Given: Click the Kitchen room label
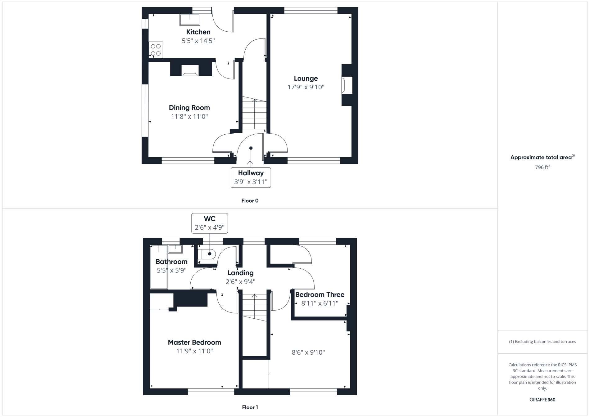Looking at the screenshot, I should [198, 32].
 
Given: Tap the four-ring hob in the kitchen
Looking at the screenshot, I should [156, 50].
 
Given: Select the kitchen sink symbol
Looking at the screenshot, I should [190, 20].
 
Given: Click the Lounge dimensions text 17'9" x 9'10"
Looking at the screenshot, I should [306, 87].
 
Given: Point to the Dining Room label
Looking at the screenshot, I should [189, 108].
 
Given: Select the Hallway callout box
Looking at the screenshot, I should [251, 177].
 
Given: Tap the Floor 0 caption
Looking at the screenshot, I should [250, 201].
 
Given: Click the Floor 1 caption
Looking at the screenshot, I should [250, 407].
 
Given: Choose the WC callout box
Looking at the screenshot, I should [210, 223].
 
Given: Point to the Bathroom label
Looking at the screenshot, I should [171, 262].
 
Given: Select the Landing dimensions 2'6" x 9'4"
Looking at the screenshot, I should [240, 282].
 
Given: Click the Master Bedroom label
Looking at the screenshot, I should [194, 342].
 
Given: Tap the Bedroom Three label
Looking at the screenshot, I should [320, 294].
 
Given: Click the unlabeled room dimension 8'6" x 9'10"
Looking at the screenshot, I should [308, 352].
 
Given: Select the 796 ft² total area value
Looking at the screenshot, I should [542, 168].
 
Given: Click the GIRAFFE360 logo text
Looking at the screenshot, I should [542, 400].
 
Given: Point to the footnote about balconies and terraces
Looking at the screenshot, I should [542, 342].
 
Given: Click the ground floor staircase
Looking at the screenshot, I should [254, 113].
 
